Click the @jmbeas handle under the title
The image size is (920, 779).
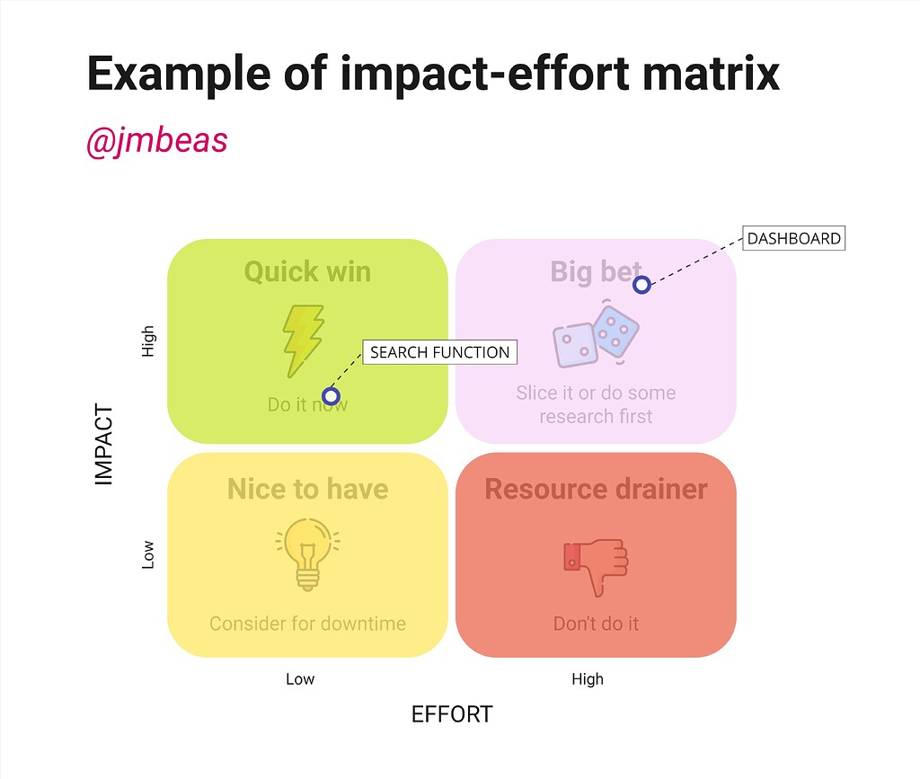(x=156, y=141)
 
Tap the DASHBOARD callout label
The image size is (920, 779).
(x=794, y=238)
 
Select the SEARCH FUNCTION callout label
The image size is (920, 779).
(x=439, y=352)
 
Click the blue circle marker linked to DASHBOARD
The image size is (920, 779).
(x=641, y=285)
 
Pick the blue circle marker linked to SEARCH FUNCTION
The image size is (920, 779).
(x=331, y=395)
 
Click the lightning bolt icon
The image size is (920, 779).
(x=303, y=341)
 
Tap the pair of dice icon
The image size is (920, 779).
(x=596, y=336)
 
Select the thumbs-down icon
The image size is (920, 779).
(x=596, y=565)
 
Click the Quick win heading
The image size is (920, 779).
(x=307, y=271)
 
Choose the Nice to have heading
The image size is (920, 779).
(x=307, y=489)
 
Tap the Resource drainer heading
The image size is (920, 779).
(x=596, y=489)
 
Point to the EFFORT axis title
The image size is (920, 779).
(x=452, y=714)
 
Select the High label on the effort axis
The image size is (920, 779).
(x=588, y=679)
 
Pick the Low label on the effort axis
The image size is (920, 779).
(x=300, y=679)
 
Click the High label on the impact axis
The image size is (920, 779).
(x=148, y=341)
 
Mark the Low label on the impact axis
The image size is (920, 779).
(x=148, y=554)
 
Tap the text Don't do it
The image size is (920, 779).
(x=596, y=624)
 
